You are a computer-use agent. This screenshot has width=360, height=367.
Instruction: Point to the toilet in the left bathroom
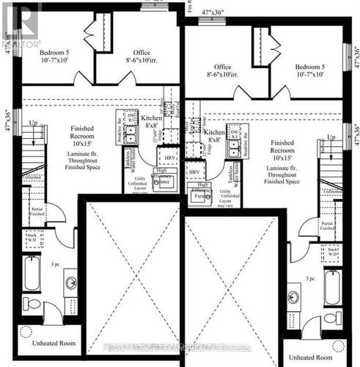coord(33,302)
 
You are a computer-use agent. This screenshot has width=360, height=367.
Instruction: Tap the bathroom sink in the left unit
coord(71,282)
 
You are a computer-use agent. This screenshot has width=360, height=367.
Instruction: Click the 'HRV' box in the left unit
coord(170,158)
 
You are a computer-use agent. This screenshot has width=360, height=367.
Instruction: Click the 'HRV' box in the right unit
coord(193,171)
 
